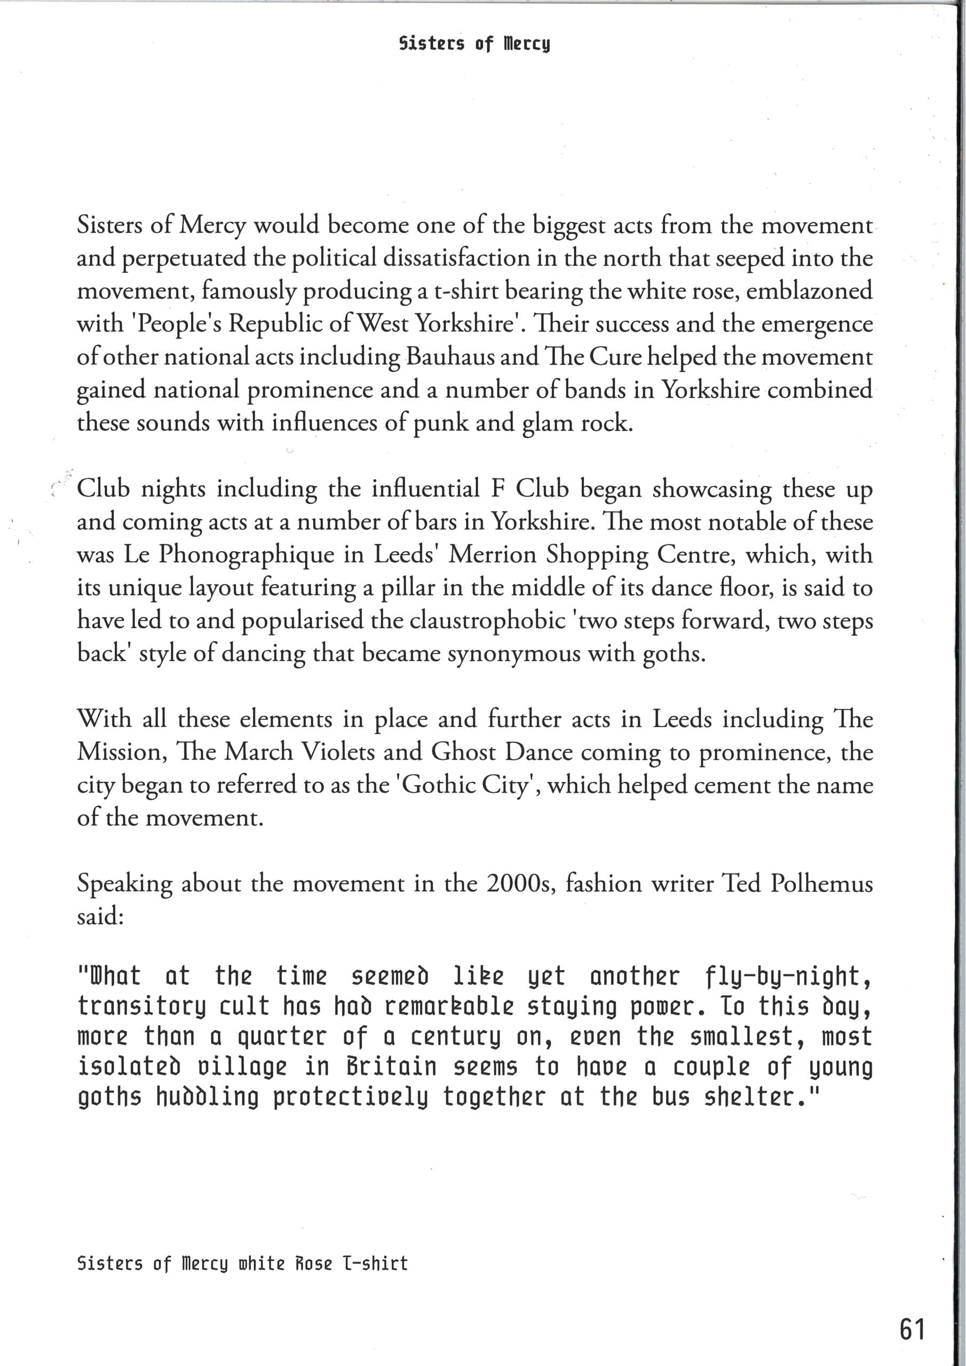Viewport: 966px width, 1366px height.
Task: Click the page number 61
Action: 913,1329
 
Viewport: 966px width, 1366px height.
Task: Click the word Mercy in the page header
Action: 527,44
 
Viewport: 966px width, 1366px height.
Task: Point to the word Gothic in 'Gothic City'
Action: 438,785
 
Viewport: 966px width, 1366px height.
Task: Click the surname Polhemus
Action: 821,884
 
